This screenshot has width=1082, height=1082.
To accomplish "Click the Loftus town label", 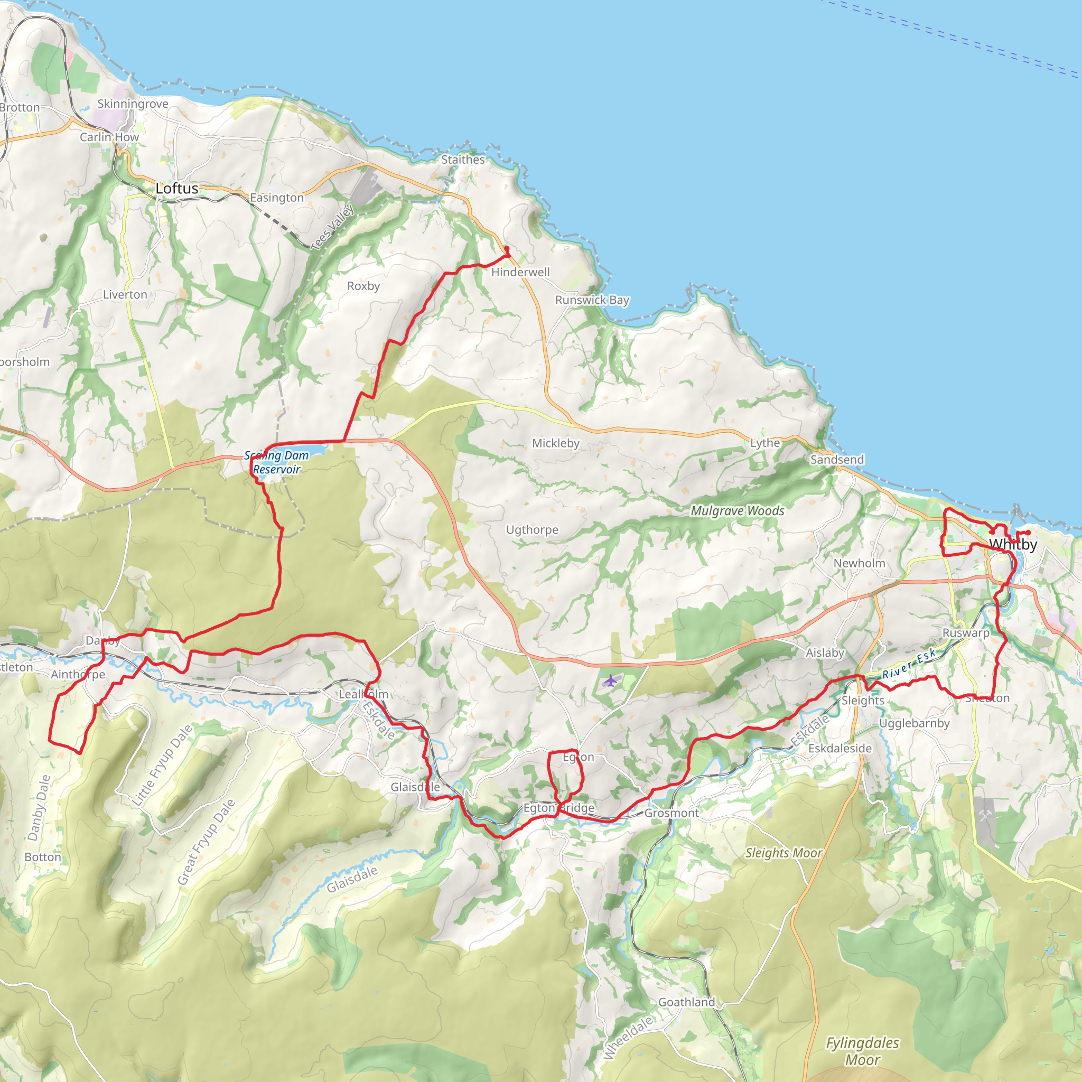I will (x=177, y=189).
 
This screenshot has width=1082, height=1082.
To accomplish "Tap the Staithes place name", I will (x=463, y=160).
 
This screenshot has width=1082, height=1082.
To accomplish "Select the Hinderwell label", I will (x=520, y=272).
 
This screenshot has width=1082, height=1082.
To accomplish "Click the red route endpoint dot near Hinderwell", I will (x=507, y=249).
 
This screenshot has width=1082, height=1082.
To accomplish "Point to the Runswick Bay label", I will (x=592, y=300).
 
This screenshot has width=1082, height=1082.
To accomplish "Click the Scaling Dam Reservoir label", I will (x=277, y=463).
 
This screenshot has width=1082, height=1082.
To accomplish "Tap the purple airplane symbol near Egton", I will (x=610, y=681).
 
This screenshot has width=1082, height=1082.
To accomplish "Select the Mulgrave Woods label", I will (x=737, y=511).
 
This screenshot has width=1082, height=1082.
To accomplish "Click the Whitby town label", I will (x=1013, y=544).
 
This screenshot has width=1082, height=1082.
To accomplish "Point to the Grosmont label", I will (x=671, y=813).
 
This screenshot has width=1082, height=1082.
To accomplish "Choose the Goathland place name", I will (x=687, y=1002).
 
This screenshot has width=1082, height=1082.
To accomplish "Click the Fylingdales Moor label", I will (x=862, y=1051).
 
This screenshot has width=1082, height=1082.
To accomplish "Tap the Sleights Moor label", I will (x=783, y=853).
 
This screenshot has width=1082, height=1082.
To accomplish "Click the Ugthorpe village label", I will (x=532, y=530).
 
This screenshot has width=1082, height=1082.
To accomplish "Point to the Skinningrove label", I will (x=133, y=104).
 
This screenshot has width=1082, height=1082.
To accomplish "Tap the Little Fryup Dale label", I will (x=162, y=765).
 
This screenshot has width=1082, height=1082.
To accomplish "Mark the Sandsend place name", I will (x=837, y=460).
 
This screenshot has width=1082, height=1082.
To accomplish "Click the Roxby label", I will (x=363, y=286).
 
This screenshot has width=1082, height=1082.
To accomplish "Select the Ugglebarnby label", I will (x=914, y=723).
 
